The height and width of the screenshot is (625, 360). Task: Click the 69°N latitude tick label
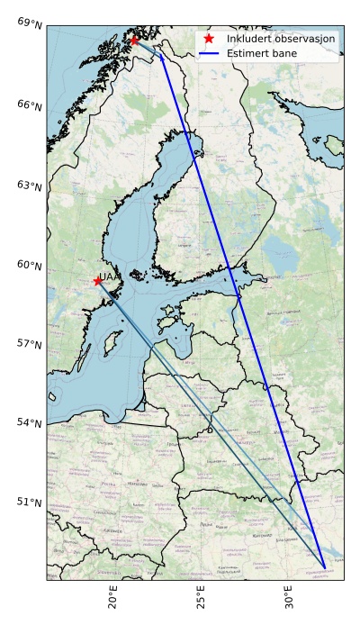(x=30, y=21)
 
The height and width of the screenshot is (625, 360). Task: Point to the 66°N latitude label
(x=30, y=105)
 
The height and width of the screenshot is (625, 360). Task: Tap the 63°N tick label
(x=30, y=186)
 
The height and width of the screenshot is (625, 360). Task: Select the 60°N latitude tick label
(x=30, y=265)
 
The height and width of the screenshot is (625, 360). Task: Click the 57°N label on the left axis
(x=30, y=343)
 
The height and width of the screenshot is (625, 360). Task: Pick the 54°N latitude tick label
(x=30, y=422)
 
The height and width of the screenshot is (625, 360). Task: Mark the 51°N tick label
(x=30, y=502)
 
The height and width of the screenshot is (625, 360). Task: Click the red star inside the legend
(x=209, y=40)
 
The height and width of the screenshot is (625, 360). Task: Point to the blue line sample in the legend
(x=209, y=54)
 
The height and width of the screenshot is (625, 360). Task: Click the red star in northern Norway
(x=134, y=41)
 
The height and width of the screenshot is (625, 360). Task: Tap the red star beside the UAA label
(x=97, y=281)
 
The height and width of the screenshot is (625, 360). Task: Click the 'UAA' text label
(x=108, y=277)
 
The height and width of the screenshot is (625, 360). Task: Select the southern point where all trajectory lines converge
(x=325, y=567)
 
